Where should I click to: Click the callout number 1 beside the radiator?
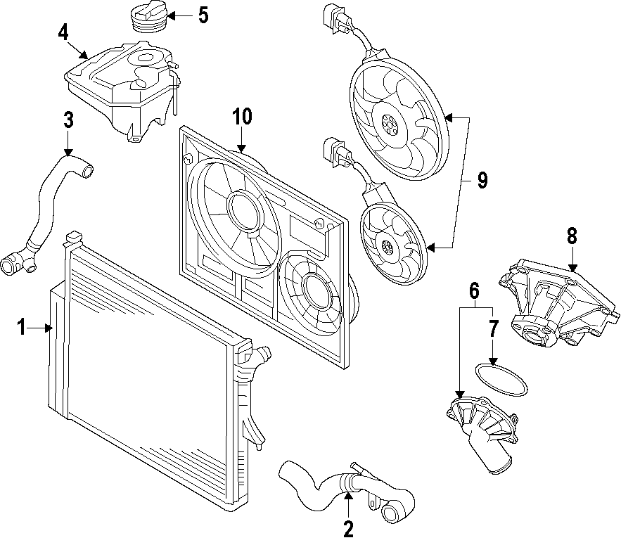click(21, 327)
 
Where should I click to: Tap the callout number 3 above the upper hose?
click(68, 120)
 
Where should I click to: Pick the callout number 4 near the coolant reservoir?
click(63, 32)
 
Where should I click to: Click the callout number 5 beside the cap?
click(203, 15)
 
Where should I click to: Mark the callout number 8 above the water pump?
click(572, 236)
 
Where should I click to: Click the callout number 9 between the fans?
click(482, 181)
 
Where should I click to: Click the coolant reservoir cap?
click(147, 17)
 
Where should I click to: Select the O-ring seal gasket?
click(501, 378)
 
